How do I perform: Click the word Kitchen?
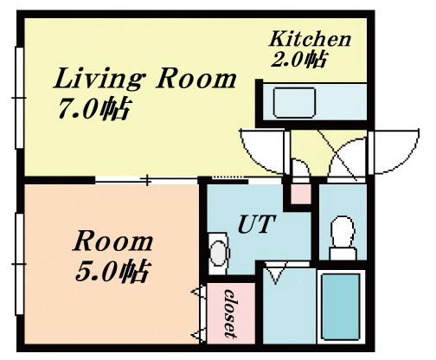[x=310, y=40]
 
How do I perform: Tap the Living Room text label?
[x=144, y=78]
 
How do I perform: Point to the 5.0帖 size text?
[x=112, y=271]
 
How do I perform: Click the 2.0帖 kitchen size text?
[x=298, y=60]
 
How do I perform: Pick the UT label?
[x=256, y=224]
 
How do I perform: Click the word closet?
[x=231, y=313]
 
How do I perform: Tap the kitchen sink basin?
[x=294, y=103]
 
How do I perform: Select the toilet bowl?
[x=343, y=231]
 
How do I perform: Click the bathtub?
[x=341, y=306]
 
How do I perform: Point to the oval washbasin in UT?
[x=219, y=253]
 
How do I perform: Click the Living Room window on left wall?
[x=19, y=98]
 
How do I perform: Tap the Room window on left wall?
[x=19, y=264]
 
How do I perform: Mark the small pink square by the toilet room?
[x=301, y=194]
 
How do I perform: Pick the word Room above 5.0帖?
[x=112, y=242]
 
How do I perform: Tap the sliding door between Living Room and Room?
[x=147, y=181]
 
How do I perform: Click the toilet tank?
[x=343, y=254]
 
